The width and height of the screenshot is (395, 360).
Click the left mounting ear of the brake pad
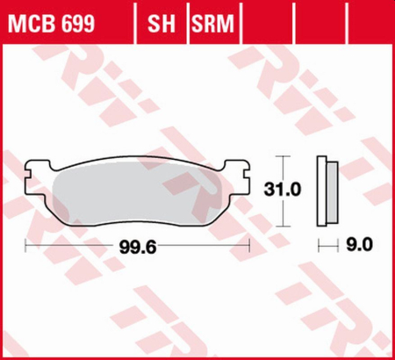[35, 170]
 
